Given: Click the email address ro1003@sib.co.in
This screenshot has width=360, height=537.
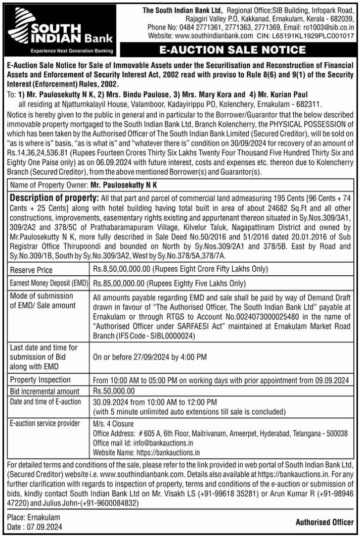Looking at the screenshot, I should [333, 27].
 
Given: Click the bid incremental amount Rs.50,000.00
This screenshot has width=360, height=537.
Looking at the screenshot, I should [114, 391].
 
